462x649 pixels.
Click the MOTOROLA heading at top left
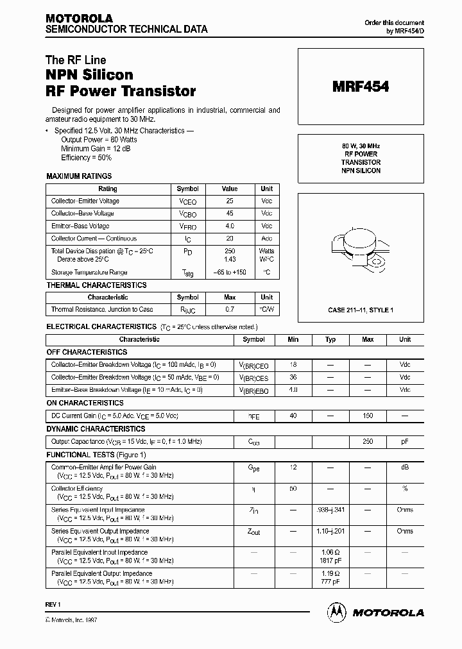79,18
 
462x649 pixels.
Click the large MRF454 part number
361,87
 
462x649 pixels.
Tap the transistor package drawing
361,246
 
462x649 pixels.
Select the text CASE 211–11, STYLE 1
361,310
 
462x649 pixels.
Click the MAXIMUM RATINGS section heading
79,176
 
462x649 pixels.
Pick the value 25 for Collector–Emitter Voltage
230,201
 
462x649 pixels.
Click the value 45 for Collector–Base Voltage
230,214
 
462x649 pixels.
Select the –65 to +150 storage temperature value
230,273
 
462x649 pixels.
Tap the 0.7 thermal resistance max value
230,310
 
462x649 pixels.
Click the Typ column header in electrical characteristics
330,339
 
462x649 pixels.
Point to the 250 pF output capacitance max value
368,442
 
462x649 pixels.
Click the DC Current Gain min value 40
293,416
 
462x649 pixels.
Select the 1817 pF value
330,560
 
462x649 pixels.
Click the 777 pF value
330,582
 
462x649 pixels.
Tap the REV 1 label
53,605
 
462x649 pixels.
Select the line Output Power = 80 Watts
99,139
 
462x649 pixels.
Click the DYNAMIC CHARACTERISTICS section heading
96,429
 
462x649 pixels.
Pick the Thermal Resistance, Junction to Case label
102,310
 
